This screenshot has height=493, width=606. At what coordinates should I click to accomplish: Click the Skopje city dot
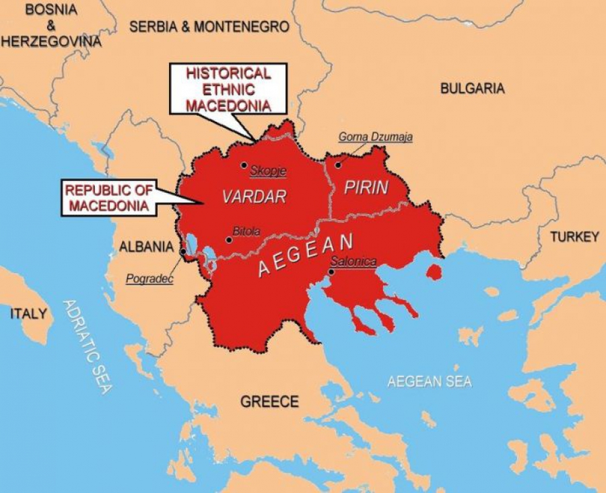tap(244, 165)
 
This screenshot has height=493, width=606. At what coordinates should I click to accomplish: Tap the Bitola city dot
tap(229, 239)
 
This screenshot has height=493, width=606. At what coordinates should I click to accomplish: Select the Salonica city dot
tap(331, 272)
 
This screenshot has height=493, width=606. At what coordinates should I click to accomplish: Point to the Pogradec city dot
tap(183, 252)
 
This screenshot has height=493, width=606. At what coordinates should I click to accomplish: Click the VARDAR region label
tap(255, 196)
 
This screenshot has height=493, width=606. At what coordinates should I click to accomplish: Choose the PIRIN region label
tap(366, 188)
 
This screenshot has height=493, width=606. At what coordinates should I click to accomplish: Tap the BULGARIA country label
tap(472, 88)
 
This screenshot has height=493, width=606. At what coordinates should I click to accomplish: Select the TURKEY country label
tap(574, 237)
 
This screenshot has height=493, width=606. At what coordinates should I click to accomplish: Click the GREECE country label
tap(269, 402)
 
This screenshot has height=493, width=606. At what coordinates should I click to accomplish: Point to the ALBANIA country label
tap(146, 247)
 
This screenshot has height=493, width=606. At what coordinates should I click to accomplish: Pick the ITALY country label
tap(28, 313)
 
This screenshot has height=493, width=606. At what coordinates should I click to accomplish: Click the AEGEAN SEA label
tap(430, 381)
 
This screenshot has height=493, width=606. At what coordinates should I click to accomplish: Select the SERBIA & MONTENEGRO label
tap(209, 27)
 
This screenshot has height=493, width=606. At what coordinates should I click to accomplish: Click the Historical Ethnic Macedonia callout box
tap(228, 89)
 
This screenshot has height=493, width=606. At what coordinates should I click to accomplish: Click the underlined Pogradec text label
tap(149, 279)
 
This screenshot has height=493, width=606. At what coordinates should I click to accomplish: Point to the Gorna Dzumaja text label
tap(376, 137)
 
